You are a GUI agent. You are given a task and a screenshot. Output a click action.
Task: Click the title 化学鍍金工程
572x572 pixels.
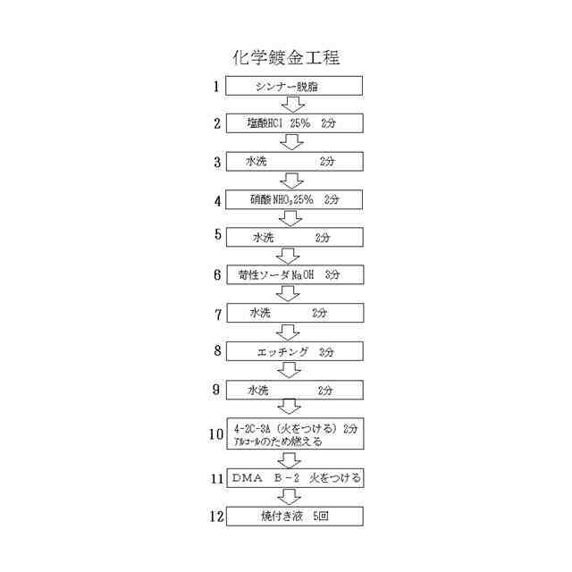285,58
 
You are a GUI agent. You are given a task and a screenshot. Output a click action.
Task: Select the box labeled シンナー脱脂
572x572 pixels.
294,86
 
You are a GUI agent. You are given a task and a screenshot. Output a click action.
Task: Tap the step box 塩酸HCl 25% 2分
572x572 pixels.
294,123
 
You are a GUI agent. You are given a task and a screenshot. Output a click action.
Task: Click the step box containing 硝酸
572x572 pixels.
294,199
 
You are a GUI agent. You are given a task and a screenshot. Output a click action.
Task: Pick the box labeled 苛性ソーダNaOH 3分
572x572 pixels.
294,274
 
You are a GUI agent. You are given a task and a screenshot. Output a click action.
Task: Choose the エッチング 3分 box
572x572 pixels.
294,351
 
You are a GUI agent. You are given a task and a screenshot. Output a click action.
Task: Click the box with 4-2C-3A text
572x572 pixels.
294,434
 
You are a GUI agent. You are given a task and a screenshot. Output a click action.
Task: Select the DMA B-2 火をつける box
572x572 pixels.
294,478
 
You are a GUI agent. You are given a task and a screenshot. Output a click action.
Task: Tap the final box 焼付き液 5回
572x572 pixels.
294,517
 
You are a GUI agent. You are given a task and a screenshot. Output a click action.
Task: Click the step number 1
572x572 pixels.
216,87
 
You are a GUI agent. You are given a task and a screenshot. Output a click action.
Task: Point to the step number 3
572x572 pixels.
216,162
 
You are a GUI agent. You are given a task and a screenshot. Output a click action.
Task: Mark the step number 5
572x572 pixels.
217,235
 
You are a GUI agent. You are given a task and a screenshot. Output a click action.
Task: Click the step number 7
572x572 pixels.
217,314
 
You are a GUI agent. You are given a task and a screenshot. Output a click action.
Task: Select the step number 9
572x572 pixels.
217,390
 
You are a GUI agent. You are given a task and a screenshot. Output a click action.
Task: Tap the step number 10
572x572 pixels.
215,434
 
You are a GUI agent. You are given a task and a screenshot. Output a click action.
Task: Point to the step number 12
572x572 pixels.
215,517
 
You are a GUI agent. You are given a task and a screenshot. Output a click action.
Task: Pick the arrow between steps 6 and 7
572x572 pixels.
289,293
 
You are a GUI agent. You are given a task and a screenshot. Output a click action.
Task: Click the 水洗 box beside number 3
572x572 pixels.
294,161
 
